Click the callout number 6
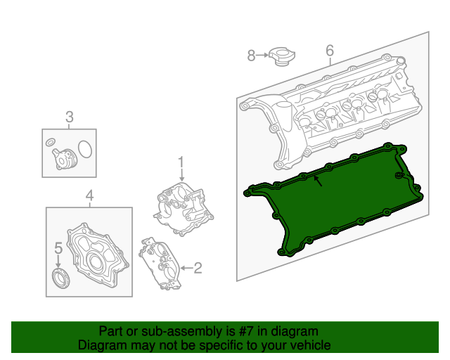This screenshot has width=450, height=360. pos(329,51)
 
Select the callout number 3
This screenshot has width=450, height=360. pos(70,117)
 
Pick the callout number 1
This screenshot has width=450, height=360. pos(181,162)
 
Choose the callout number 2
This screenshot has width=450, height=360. pos(198,267)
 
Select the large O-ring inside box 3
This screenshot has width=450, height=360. pos(85,150)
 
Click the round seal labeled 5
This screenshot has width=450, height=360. pos(62,277)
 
